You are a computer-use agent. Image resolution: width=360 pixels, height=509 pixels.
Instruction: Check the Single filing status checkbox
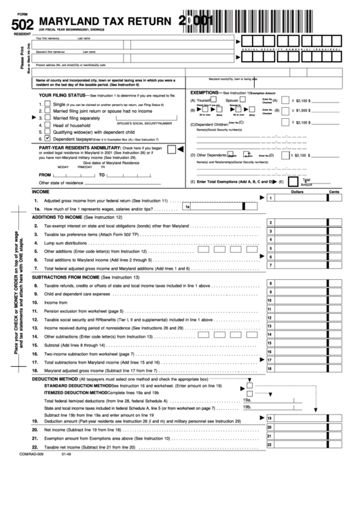(x=48, y=105)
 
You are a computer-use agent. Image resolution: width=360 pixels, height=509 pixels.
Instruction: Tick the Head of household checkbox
(x=48, y=125)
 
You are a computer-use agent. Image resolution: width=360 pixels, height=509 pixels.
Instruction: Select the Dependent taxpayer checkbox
(x=48, y=138)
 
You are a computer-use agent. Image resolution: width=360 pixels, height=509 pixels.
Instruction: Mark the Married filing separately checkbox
(x=48, y=118)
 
